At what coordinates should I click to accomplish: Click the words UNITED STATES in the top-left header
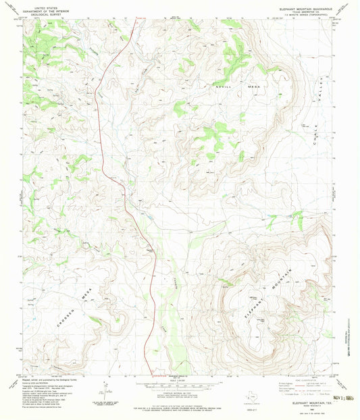coord(40,5)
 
